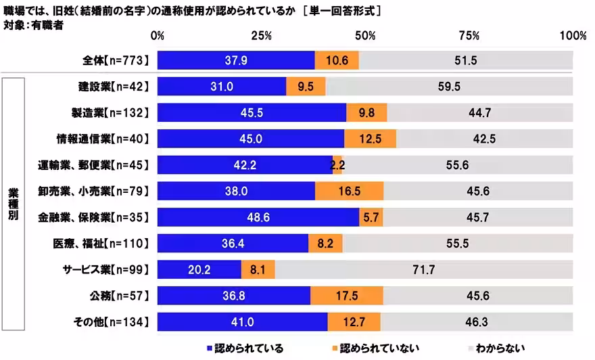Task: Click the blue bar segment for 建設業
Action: [x=221, y=87]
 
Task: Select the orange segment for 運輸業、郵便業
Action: [x=337, y=164]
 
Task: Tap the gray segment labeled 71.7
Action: [x=423, y=269]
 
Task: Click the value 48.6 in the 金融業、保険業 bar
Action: [x=258, y=217]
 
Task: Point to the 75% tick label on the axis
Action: [x=469, y=35]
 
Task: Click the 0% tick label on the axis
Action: [x=158, y=35]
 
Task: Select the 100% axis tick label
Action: [x=573, y=35]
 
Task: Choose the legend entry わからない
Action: [x=496, y=348]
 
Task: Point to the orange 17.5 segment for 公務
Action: [x=347, y=296]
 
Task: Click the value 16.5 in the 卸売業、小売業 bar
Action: [x=350, y=191]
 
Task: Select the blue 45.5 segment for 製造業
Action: [x=252, y=112]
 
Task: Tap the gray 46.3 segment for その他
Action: [x=477, y=321]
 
